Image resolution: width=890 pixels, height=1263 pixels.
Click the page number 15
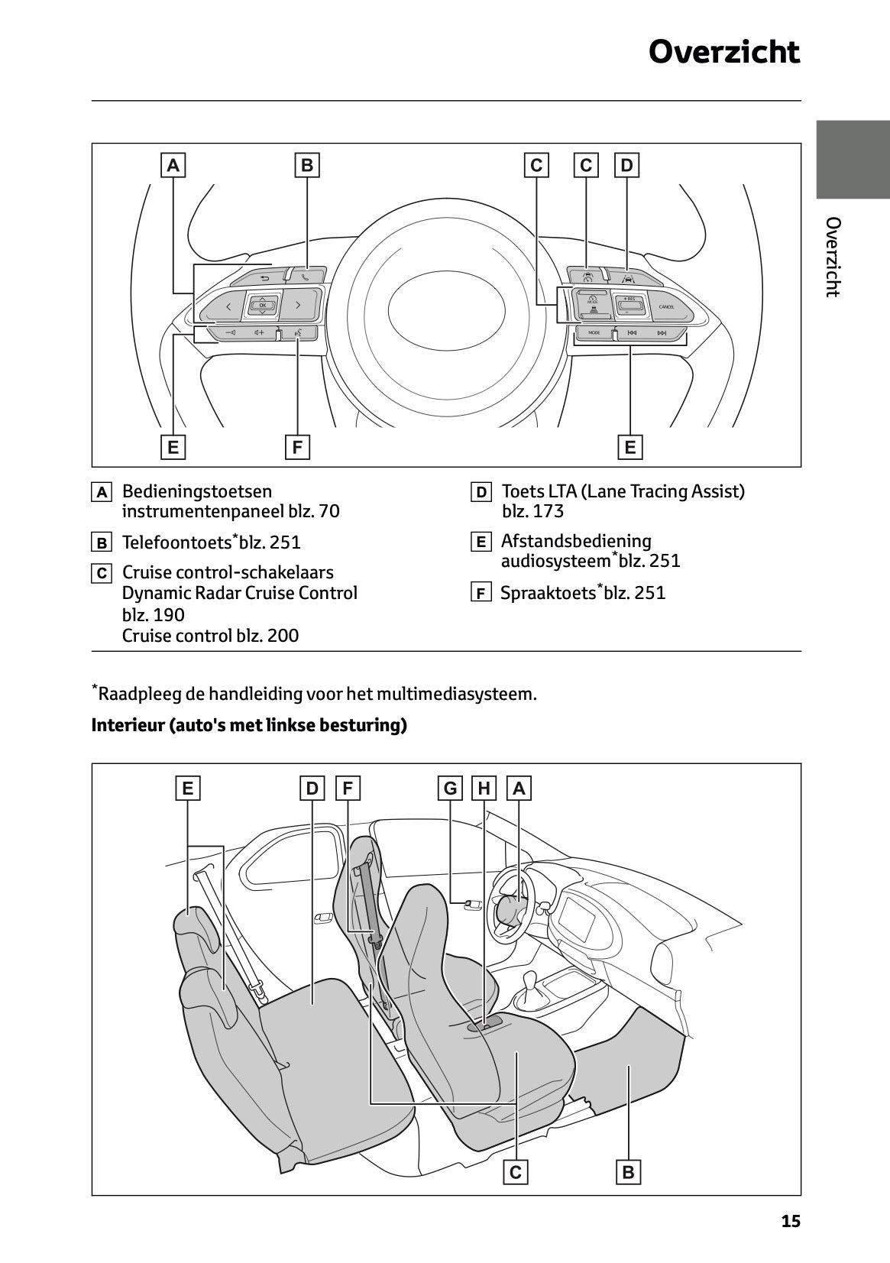pyautogui.click(x=791, y=1222)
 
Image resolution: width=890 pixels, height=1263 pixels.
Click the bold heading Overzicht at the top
pyautogui.click(x=723, y=53)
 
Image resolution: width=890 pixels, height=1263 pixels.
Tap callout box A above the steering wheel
pyautogui.click(x=173, y=165)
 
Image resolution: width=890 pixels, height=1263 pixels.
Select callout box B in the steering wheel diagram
pyautogui.click(x=307, y=165)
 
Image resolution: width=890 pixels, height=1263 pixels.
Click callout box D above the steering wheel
pyautogui.click(x=626, y=165)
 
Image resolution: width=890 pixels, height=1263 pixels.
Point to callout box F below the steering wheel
pyautogui.click(x=297, y=447)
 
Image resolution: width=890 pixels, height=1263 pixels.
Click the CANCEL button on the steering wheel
pyautogui.click(x=665, y=307)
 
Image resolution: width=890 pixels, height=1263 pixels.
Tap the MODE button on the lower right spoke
pyautogui.click(x=594, y=333)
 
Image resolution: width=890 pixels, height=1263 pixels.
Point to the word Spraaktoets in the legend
pyautogui.click(x=547, y=593)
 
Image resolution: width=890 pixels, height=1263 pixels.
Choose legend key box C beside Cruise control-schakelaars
pyautogui.click(x=101, y=573)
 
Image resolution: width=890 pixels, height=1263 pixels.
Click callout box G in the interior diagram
pyautogui.click(x=451, y=788)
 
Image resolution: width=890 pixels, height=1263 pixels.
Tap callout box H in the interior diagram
pyautogui.click(x=484, y=788)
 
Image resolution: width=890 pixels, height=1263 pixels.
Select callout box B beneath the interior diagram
pyautogui.click(x=628, y=1172)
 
